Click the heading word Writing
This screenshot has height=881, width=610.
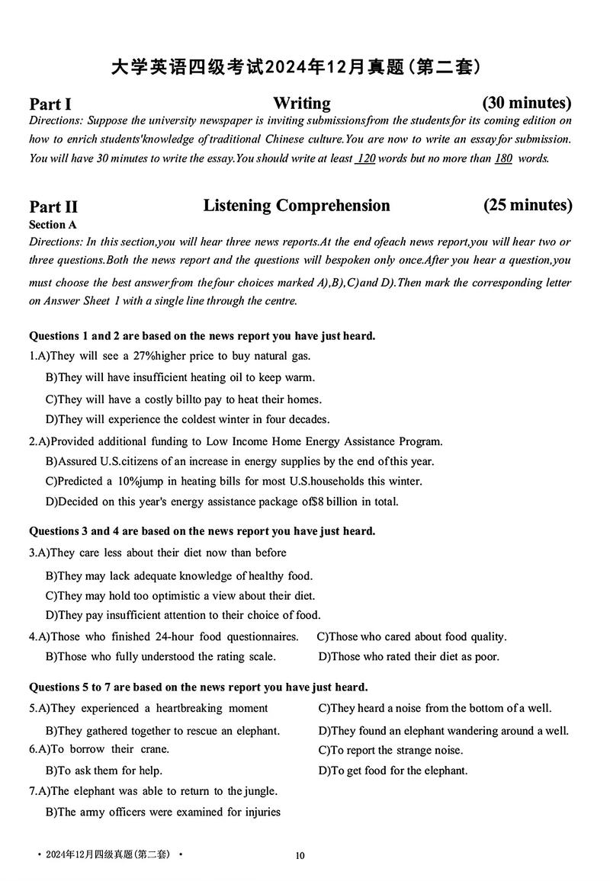(x=302, y=103)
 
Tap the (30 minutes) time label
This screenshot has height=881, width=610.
(x=527, y=102)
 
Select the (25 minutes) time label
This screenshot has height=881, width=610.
(x=528, y=205)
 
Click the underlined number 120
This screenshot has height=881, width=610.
(x=366, y=159)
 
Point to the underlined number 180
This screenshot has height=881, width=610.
(x=503, y=159)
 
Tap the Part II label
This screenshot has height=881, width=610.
(x=53, y=207)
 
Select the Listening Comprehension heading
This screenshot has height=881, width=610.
(x=297, y=206)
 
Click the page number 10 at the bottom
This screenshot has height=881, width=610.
(x=300, y=856)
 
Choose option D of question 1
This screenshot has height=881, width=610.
(x=188, y=419)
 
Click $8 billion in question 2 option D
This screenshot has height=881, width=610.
(x=340, y=501)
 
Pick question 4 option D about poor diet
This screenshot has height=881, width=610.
(x=409, y=656)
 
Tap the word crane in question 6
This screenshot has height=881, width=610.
(x=156, y=749)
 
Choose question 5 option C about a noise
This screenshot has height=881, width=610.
(x=435, y=709)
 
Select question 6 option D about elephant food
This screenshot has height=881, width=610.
(x=393, y=770)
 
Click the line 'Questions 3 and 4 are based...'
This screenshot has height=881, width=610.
(x=202, y=531)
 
